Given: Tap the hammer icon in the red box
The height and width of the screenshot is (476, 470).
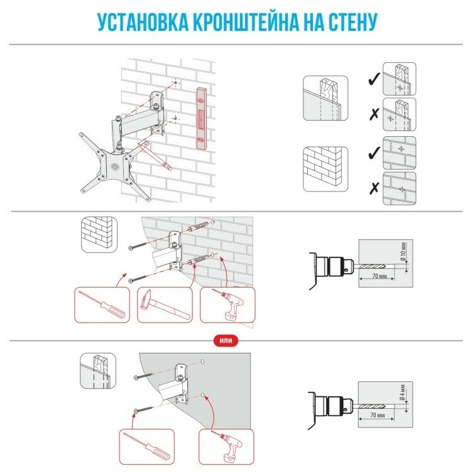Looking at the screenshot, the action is pyautogui.click(x=164, y=305).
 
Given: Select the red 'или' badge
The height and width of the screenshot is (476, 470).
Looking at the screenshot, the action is pyautogui.click(x=226, y=340).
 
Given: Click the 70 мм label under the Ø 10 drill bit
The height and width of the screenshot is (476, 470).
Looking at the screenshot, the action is pyautogui.click(x=378, y=276).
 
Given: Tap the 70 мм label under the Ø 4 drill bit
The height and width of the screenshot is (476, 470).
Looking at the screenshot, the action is pyautogui.click(x=378, y=416).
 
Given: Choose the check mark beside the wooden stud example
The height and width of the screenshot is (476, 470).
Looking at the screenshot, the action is pyautogui.click(x=372, y=79).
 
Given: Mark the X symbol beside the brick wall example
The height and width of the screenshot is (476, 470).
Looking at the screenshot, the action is pyautogui.click(x=372, y=187).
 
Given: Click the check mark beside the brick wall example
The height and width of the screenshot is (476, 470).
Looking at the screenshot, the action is pyautogui.click(x=372, y=152).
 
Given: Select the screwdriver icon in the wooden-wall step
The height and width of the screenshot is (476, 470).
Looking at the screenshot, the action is pyautogui.click(x=146, y=445).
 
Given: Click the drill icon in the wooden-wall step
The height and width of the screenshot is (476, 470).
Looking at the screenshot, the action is pyautogui.click(x=227, y=445).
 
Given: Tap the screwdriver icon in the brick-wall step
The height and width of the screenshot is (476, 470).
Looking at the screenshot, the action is pyautogui.click(x=102, y=305).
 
